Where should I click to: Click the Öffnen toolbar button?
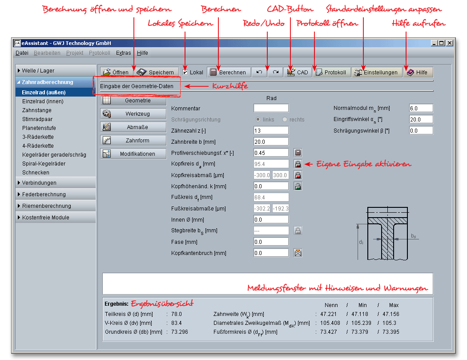click(117, 72)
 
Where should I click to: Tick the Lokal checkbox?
click(185, 72)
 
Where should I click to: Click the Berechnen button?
click(229, 72)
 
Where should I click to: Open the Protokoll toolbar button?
click(331, 72)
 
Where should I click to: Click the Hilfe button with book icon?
click(418, 72)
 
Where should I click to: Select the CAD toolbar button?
click(298, 72)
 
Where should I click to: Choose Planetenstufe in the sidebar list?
click(39, 128)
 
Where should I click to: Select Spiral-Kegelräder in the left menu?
click(44, 164)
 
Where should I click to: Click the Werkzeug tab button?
click(133, 113)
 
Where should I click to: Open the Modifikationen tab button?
click(133, 154)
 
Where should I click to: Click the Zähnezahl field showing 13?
click(271, 130)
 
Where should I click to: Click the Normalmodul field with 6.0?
click(421, 108)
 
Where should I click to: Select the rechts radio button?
click(285, 120)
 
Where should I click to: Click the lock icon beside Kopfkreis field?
click(298, 164)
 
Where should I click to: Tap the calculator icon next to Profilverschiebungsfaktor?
click(298, 153)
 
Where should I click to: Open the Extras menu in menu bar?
click(123, 53)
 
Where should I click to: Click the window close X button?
click(450, 43)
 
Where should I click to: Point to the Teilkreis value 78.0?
click(176, 314)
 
